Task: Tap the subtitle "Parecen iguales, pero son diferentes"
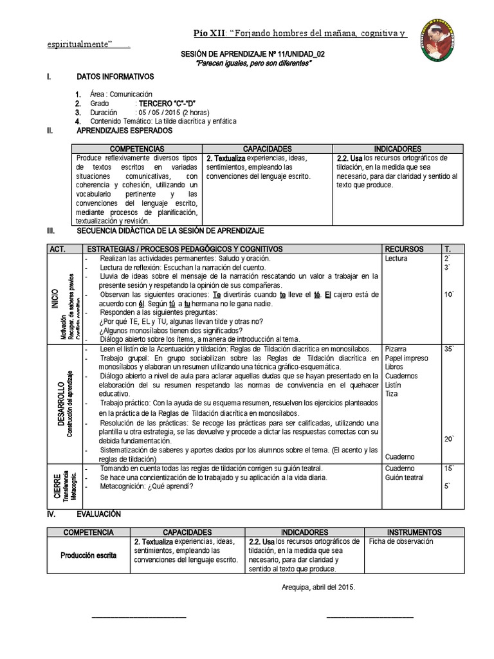(253, 64)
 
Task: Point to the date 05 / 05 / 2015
(163, 111)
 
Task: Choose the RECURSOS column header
(404, 248)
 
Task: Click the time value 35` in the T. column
(448, 349)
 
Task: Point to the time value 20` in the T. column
(448, 439)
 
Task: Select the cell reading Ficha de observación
(401, 541)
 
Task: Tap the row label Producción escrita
(89, 555)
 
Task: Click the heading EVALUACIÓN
(98, 514)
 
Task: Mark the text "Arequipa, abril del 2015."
(318, 587)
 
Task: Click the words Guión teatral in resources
(404, 478)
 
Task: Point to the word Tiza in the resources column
(392, 393)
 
